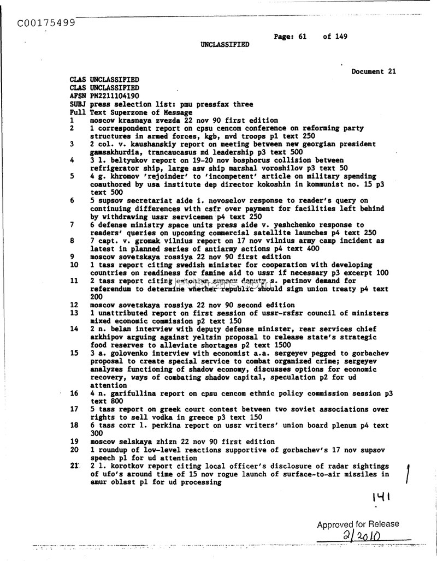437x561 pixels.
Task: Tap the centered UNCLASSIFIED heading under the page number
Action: click(x=225, y=45)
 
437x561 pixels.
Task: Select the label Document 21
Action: click(x=374, y=71)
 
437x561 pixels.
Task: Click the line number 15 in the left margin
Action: click(x=75, y=353)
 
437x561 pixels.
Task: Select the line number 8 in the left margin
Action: click(x=72, y=241)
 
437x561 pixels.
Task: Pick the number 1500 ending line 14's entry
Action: click(x=282, y=345)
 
